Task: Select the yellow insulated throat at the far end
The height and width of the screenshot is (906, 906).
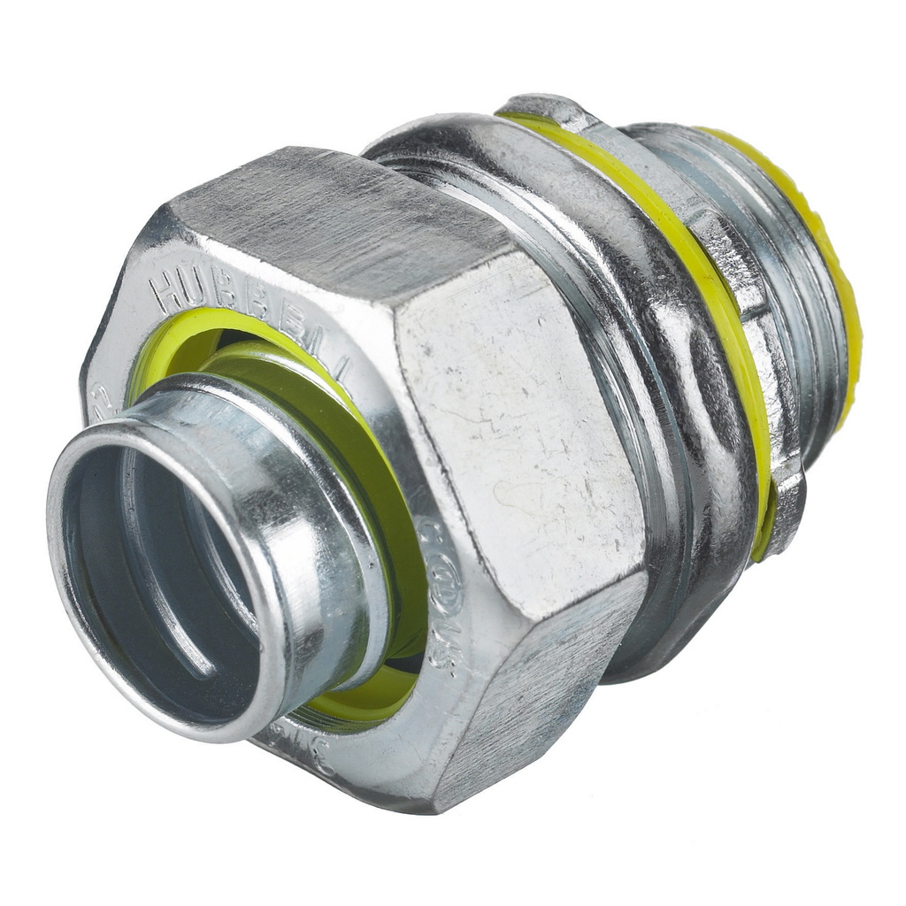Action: pos(832,265)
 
